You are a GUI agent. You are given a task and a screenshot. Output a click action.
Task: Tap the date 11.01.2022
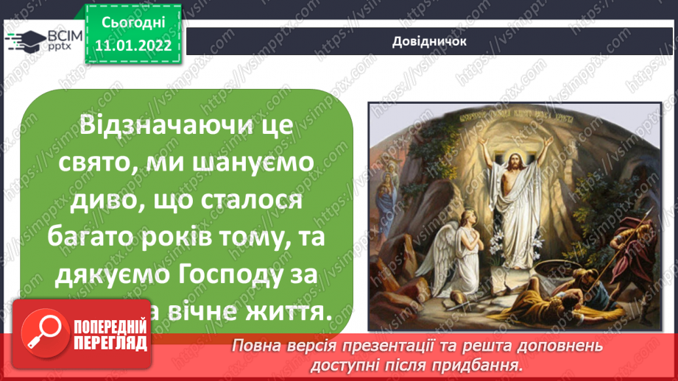(132, 46)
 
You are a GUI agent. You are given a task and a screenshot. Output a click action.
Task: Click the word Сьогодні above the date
(133, 23)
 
